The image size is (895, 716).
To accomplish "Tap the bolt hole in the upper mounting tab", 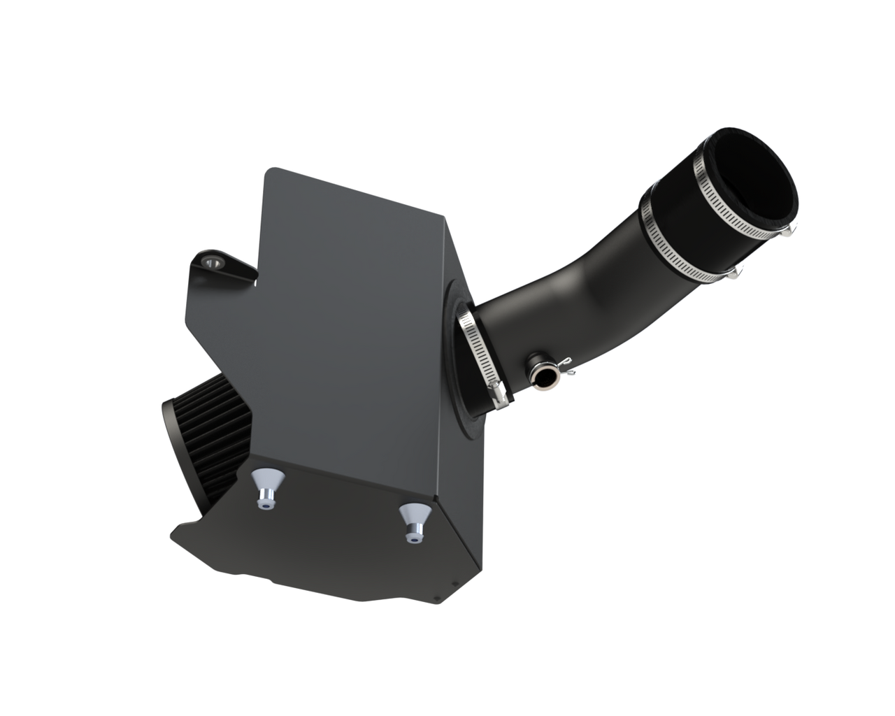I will pos(211,262).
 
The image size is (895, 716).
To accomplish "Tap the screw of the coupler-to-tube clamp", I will pos(736,273).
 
